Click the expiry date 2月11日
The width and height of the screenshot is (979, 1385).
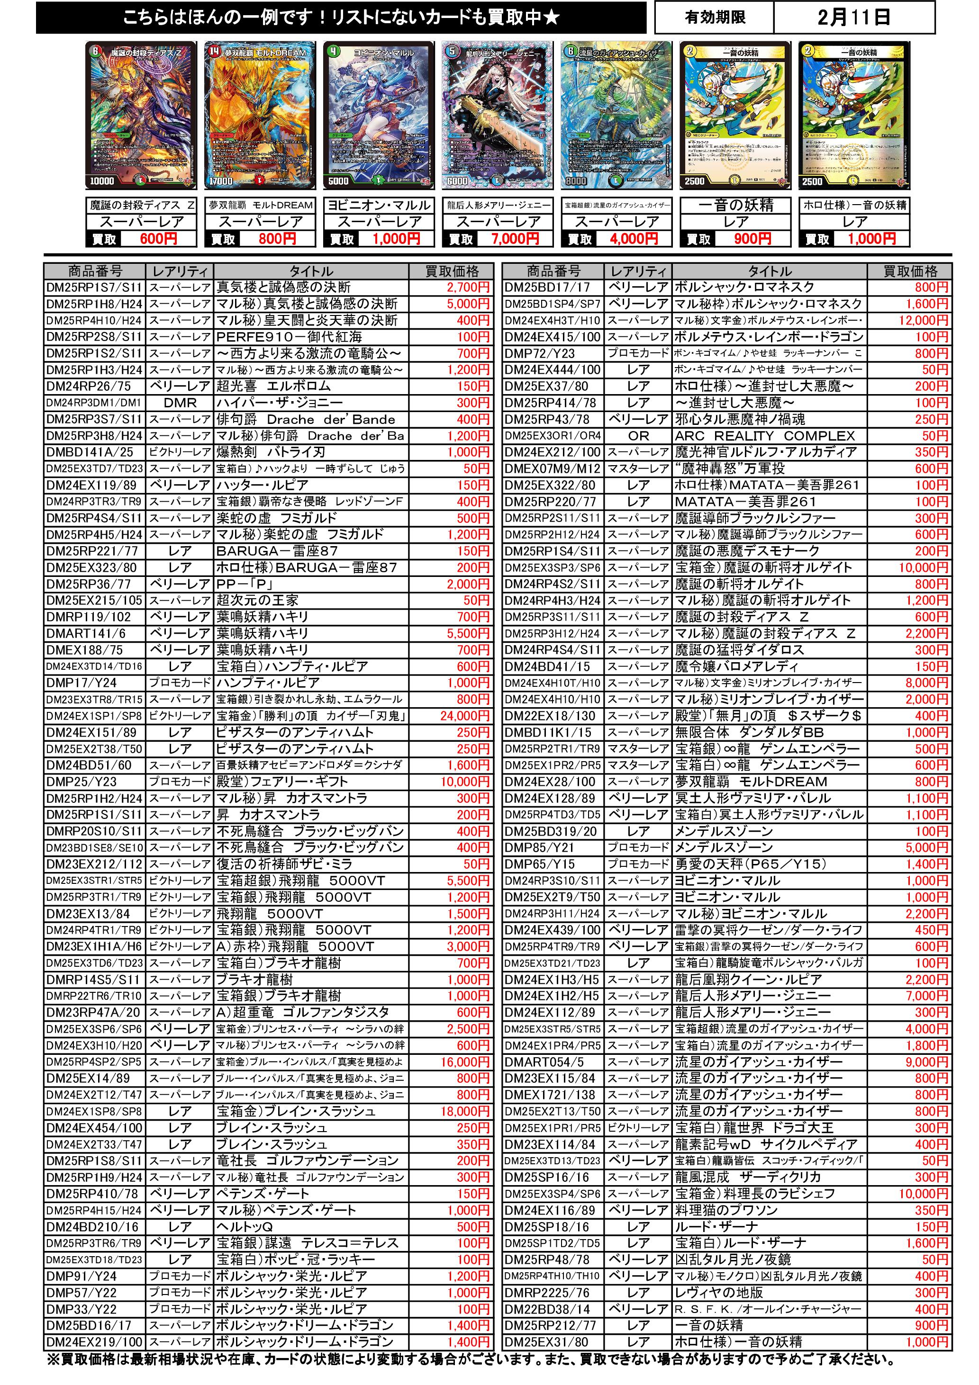(853, 18)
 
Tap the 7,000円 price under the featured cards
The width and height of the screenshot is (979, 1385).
(515, 239)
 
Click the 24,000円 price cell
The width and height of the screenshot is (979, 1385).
(464, 716)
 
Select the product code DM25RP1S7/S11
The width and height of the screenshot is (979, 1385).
(94, 287)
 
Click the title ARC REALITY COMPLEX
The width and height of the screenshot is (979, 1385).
(765, 435)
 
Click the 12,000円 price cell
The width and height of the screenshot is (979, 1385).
(923, 320)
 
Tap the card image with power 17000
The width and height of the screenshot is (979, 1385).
(260, 115)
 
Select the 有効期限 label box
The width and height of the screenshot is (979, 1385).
(715, 18)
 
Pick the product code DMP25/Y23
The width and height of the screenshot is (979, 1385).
(82, 782)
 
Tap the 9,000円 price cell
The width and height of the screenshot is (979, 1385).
(926, 1061)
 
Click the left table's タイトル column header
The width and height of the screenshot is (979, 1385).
(310, 271)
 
